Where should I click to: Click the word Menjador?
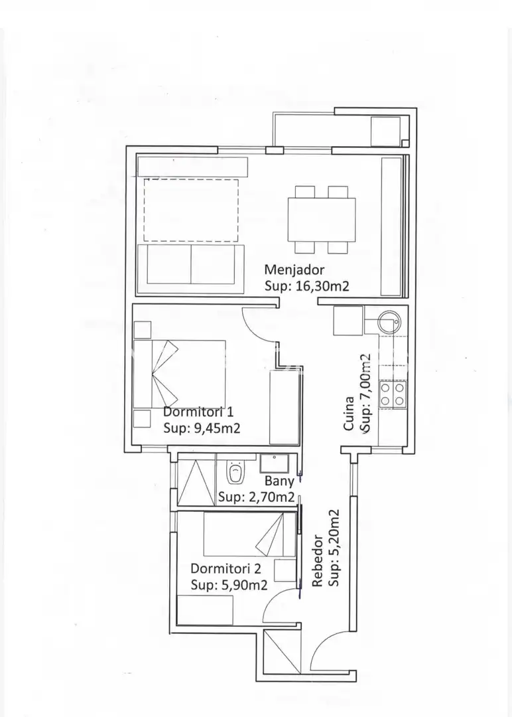[294, 270]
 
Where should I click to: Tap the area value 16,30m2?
[322, 286]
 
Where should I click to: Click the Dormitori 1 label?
[198, 412]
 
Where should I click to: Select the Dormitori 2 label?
[225, 568]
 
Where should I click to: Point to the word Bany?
[279, 481]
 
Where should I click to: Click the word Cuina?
[348, 414]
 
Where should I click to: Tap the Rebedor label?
[318, 561]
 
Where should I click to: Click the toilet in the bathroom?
[235, 471]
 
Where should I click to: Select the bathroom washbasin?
[274, 463]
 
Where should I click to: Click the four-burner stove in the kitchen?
[393, 394]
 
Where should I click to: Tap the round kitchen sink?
[389, 321]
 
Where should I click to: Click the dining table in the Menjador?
[322, 220]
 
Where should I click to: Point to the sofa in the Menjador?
[191, 269]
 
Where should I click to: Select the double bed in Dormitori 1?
[180, 373]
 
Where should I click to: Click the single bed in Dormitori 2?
[249, 534]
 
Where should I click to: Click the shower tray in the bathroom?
[196, 483]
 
